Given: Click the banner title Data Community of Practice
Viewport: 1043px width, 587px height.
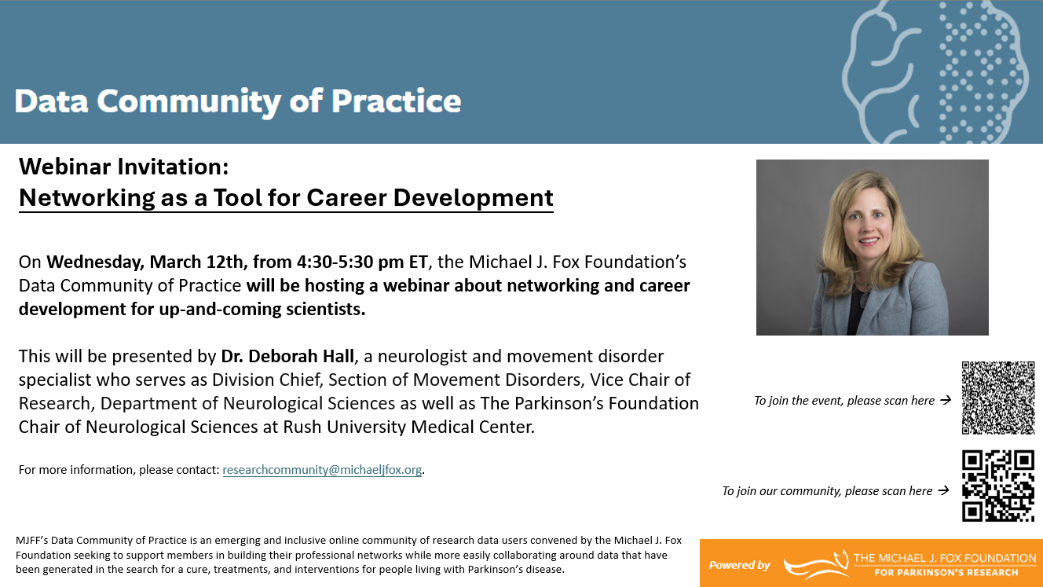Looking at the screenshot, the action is click(237, 101).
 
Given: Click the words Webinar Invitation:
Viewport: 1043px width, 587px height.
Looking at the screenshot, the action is click(124, 167).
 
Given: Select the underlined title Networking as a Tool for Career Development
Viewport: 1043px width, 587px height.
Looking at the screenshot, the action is click(286, 198).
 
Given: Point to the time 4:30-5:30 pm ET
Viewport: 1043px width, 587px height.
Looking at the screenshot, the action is click(362, 262).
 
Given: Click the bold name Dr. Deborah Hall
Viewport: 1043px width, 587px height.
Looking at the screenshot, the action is click(287, 357).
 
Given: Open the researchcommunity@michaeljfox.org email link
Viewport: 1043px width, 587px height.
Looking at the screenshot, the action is click(322, 470).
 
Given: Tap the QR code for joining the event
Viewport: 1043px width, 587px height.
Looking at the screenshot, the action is click(998, 398).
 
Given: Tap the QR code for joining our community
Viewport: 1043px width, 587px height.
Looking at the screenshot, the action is click(998, 486).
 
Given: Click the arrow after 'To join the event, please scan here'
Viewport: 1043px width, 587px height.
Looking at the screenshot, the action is click(946, 400).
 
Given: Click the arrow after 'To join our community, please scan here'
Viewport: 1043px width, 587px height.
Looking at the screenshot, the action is click(943, 490).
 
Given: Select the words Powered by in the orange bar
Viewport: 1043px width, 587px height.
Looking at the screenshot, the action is click(739, 565).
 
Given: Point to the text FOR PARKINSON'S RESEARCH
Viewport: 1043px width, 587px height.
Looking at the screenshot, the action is click(946, 573).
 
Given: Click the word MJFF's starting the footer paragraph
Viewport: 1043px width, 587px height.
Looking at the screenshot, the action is click(32, 541).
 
